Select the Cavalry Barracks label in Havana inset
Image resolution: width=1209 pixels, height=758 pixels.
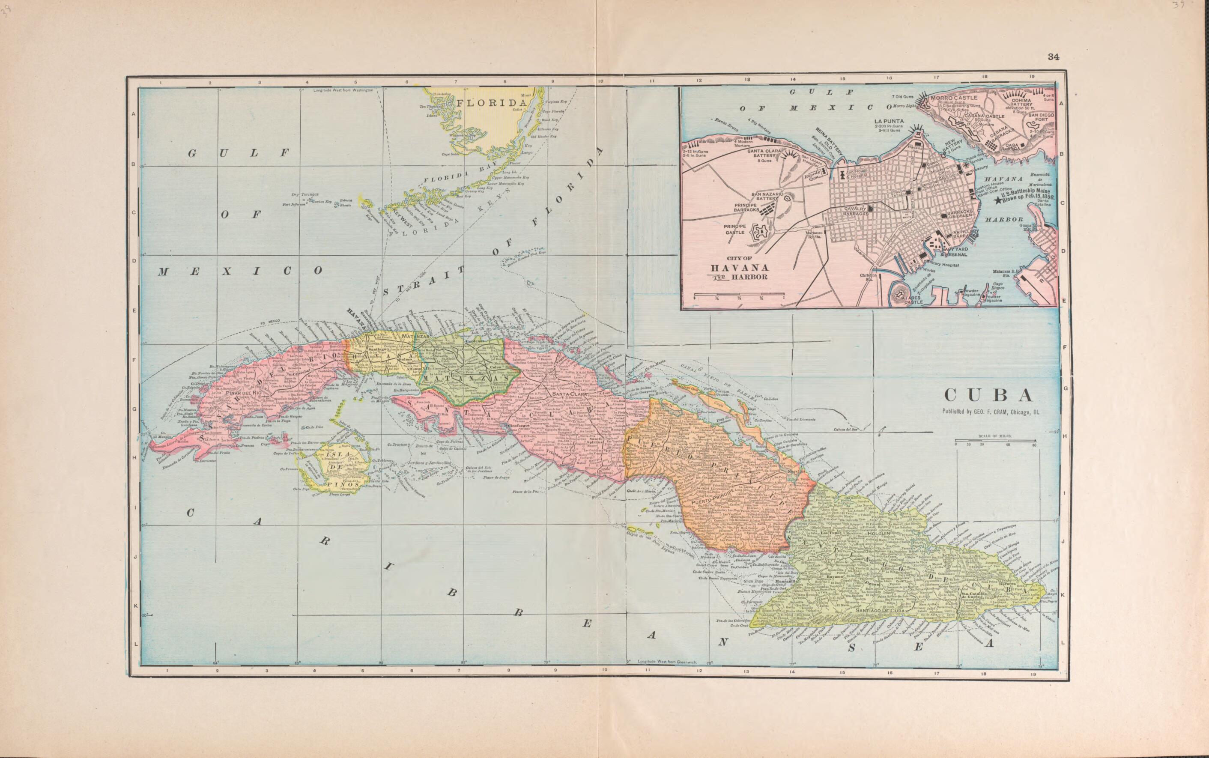tap(855, 211)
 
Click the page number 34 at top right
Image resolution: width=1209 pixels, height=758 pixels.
tap(1053, 57)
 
